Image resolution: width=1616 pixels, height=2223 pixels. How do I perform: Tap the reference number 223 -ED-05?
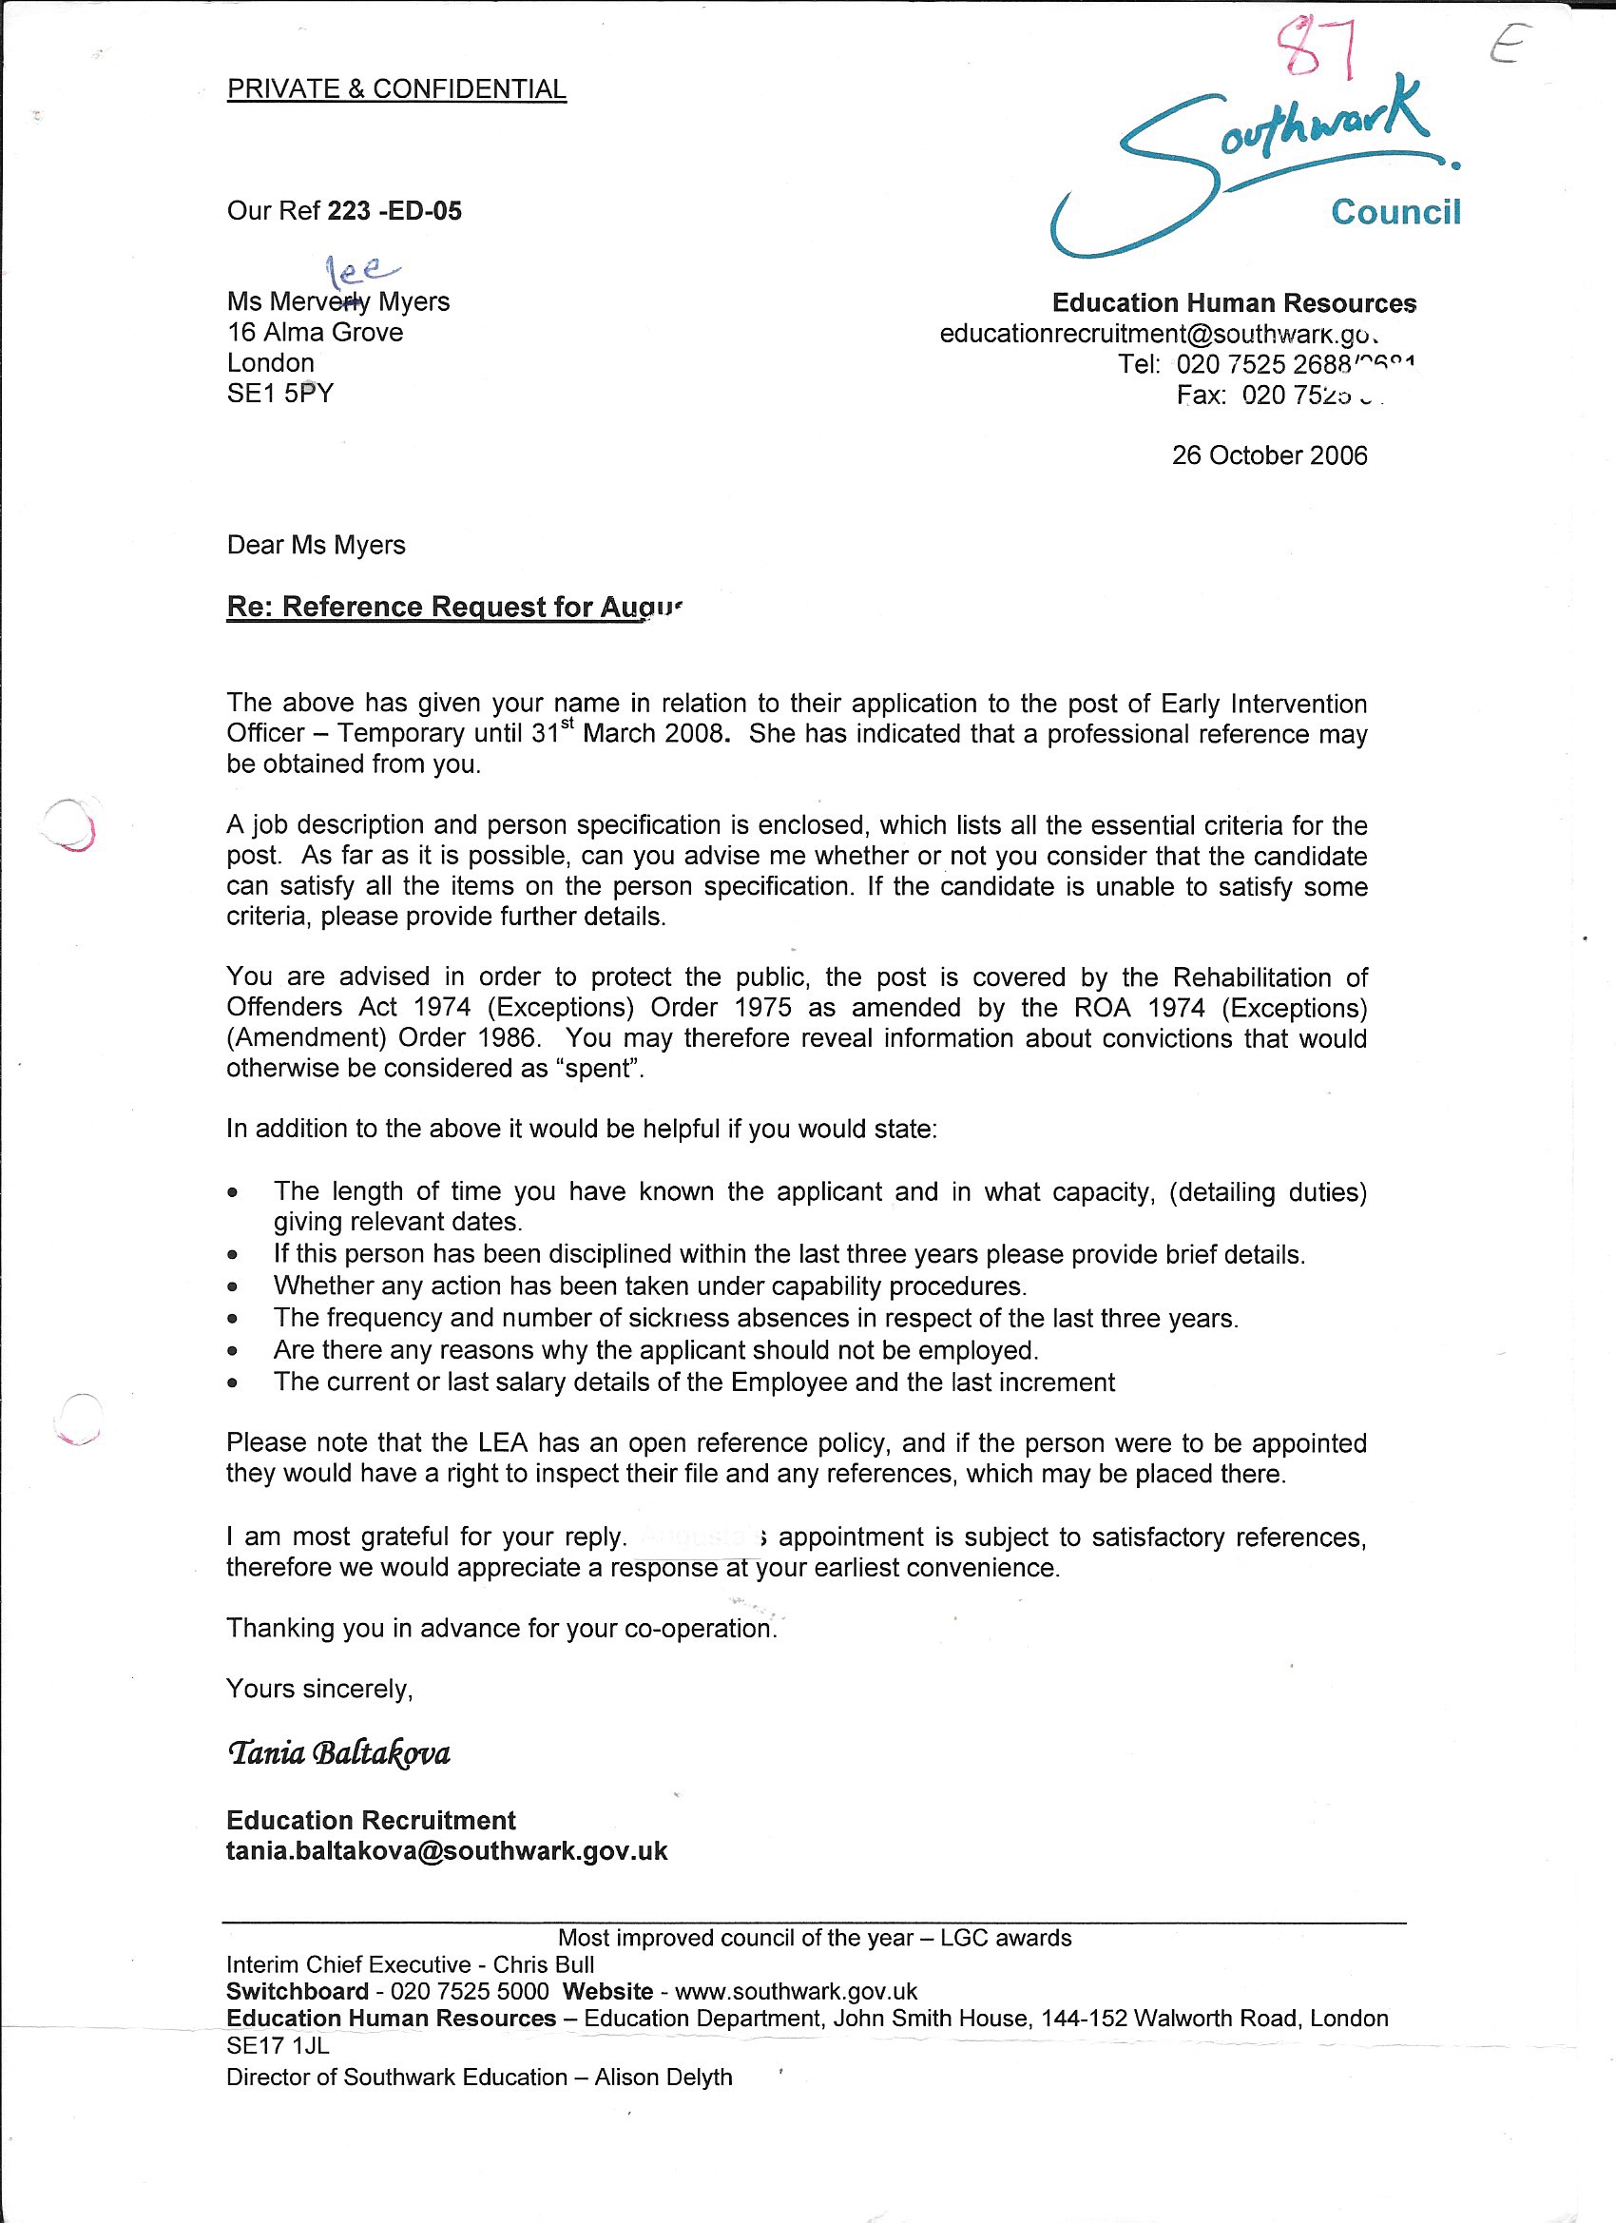point(394,211)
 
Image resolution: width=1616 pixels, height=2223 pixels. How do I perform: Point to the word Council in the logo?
point(1395,212)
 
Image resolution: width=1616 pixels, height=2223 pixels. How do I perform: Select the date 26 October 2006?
point(1269,454)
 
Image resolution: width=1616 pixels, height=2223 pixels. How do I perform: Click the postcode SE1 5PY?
point(280,393)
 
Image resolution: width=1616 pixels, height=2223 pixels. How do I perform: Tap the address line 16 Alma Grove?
point(315,332)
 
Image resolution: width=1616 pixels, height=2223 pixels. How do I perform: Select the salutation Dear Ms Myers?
point(316,545)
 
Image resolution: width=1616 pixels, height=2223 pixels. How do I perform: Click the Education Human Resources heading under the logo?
point(1234,303)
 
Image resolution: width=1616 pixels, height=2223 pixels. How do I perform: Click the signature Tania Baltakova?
point(338,1752)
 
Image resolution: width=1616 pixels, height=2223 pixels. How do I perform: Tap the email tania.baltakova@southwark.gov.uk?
point(447,1850)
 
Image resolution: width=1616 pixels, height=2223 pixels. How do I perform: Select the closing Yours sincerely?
point(319,1689)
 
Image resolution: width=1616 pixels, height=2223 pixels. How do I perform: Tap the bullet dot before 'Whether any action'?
point(232,1287)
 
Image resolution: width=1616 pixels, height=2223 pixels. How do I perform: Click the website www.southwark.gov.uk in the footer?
point(796,1992)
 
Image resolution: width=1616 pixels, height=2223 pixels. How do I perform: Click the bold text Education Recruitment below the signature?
point(371,1820)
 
